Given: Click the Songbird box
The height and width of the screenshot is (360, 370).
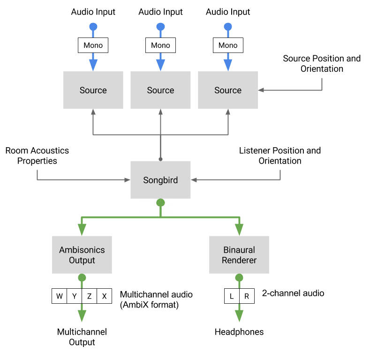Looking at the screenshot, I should [x=160, y=180].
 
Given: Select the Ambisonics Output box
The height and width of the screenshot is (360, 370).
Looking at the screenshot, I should [x=82, y=255].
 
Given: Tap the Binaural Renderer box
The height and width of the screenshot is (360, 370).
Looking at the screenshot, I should [x=239, y=255].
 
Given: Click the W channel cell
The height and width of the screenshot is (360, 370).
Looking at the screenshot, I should [x=59, y=296].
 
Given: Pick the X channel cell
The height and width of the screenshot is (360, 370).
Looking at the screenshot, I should [x=104, y=296].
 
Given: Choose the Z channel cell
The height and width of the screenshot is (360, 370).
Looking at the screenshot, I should [x=89, y=296].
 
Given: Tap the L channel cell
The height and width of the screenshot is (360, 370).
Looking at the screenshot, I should [x=232, y=296].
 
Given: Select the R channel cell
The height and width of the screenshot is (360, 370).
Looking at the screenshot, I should [x=247, y=296].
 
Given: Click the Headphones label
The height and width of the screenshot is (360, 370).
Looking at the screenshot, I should [x=239, y=332].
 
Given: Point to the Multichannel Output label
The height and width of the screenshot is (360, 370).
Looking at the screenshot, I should [x=82, y=337].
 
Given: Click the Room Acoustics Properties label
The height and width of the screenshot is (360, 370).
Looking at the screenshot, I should [x=37, y=156].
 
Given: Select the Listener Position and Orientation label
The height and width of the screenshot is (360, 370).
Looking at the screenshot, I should [x=280, y=156].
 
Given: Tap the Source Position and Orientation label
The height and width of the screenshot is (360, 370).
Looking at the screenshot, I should [x=322, y=64].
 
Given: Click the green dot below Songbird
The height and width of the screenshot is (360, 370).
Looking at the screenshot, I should [x=160, y=202].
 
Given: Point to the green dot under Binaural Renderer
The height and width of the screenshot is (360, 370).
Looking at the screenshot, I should [x=239, y=277].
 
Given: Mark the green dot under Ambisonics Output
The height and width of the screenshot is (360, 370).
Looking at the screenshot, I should [x=82, y=277].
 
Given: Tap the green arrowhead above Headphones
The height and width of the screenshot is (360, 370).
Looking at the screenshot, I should [x=239, y=316].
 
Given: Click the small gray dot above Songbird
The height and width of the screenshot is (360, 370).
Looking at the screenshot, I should [x=160, y=159].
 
